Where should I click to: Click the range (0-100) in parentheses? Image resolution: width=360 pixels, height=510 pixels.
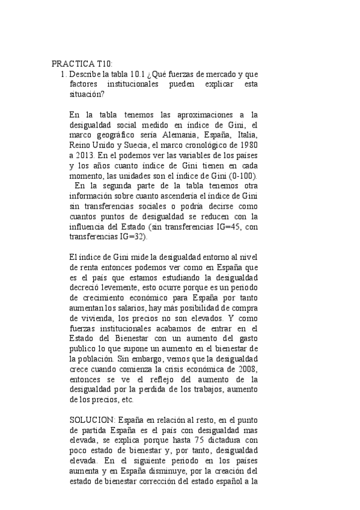[x=240, y=176]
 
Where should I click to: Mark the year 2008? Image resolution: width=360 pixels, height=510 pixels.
[x=246, y=369]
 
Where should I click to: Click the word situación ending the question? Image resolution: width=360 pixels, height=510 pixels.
[x=87, y=94]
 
